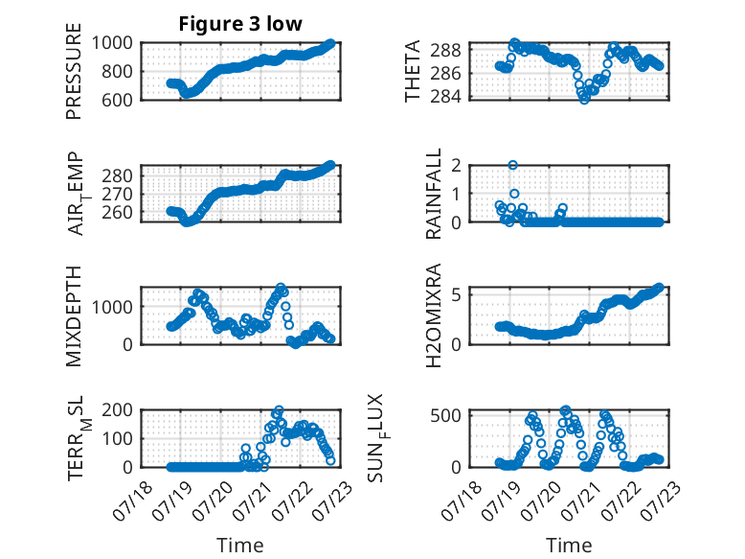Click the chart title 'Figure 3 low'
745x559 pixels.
240,24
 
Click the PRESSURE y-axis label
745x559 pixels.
74,71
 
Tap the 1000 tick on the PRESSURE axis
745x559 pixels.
112,43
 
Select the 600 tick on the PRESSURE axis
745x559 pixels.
117,100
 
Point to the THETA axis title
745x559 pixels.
413,71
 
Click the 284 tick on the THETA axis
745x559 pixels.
445,97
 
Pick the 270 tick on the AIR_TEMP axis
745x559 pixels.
118,194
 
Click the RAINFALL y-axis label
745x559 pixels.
434,193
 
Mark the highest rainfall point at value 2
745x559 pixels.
512,165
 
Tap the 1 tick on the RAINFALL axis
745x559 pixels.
457,194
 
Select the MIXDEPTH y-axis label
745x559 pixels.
74,315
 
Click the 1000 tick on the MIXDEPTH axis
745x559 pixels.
112,307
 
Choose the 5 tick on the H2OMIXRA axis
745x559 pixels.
457,295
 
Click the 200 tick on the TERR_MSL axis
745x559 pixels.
117,409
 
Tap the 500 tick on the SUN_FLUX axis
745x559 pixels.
445,415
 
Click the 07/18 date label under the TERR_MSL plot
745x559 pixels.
132,501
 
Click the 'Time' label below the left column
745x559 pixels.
240,545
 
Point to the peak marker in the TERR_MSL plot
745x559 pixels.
279,410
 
